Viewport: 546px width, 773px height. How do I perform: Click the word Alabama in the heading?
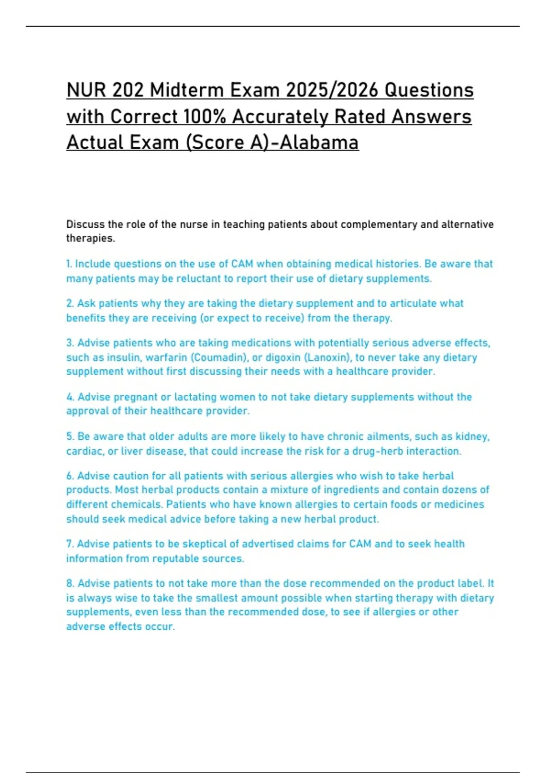[319, 142]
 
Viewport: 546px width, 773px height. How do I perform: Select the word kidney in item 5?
[474, 437]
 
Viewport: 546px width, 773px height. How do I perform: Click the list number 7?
[70, 544]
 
